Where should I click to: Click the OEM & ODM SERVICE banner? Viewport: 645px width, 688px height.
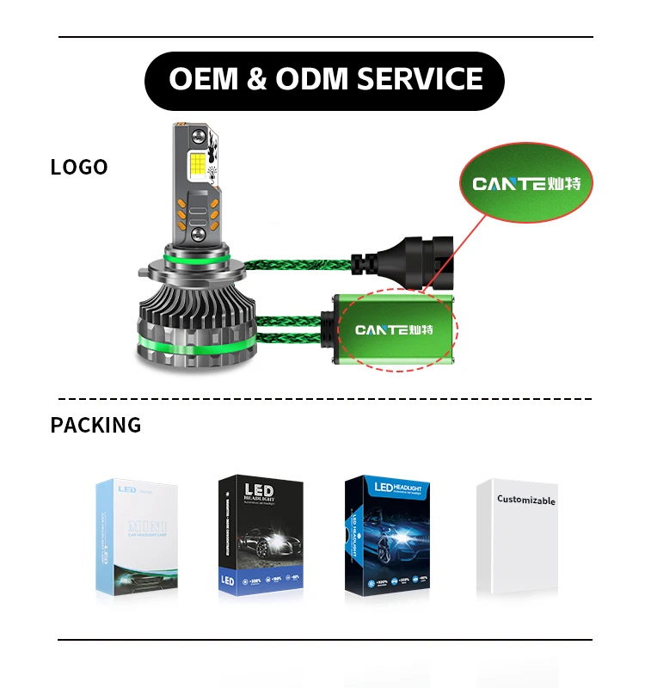pyautogui.click(x=324, y=80)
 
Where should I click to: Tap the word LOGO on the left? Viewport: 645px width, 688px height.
pyautogui.click(x=79, y=167)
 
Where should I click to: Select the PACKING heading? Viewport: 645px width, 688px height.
pyautogui.click(x=95, y=425)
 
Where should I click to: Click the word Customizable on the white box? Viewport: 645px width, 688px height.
pyautogui.click(x=525, y=500)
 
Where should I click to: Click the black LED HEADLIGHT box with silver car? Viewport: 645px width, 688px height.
pyautogui.click(x=261, y=535)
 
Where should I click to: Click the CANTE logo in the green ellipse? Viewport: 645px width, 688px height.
pyautogui.click(x=532, y=183)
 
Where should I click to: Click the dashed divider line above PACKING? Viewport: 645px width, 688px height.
pyautogui.click(x=324, y=399)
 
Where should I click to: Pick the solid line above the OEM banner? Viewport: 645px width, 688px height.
pyautogui.click(x=324, y=37)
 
